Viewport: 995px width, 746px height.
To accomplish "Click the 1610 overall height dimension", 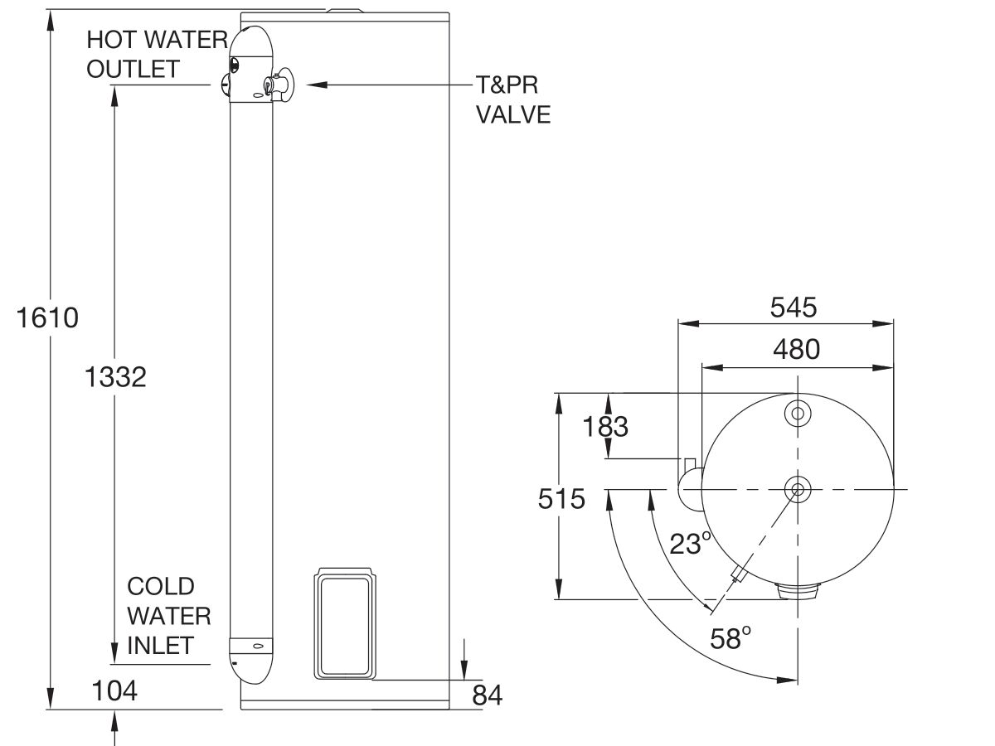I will pyautogui.click(x=48, y=317).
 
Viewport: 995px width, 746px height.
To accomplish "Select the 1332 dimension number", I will pyautogui.click(x=115, y=377).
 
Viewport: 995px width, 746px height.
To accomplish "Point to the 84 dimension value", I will pyautogui.click(x=487, y=695).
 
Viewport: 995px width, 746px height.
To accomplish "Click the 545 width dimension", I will pyautogui.click(x=793, y=308).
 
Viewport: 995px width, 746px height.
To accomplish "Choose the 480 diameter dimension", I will pyautogui.click(x=796, y=350).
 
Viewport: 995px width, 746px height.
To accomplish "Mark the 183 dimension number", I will pyautogui.click(x=606, y=427).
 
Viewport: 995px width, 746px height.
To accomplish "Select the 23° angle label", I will pyautogui.click(x=690, y=544).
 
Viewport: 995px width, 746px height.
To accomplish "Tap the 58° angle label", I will pyautogui.click(x=730, y=637).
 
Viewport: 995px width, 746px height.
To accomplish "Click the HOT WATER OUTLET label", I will pyautogui.click(x=146, y=54).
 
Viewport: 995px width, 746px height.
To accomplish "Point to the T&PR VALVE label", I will pyautogui.click(x=512, y=99).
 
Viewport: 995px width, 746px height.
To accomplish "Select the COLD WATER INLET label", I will pyautogui.click(x=168, y=616).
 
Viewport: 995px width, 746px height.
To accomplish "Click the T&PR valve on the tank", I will pyautogui.click(x=277, y=85).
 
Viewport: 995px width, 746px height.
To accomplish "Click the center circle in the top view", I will pyautogui.click(x=798, y=489).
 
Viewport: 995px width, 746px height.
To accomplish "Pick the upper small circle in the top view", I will pyautogui.click(x=798, y=413).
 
